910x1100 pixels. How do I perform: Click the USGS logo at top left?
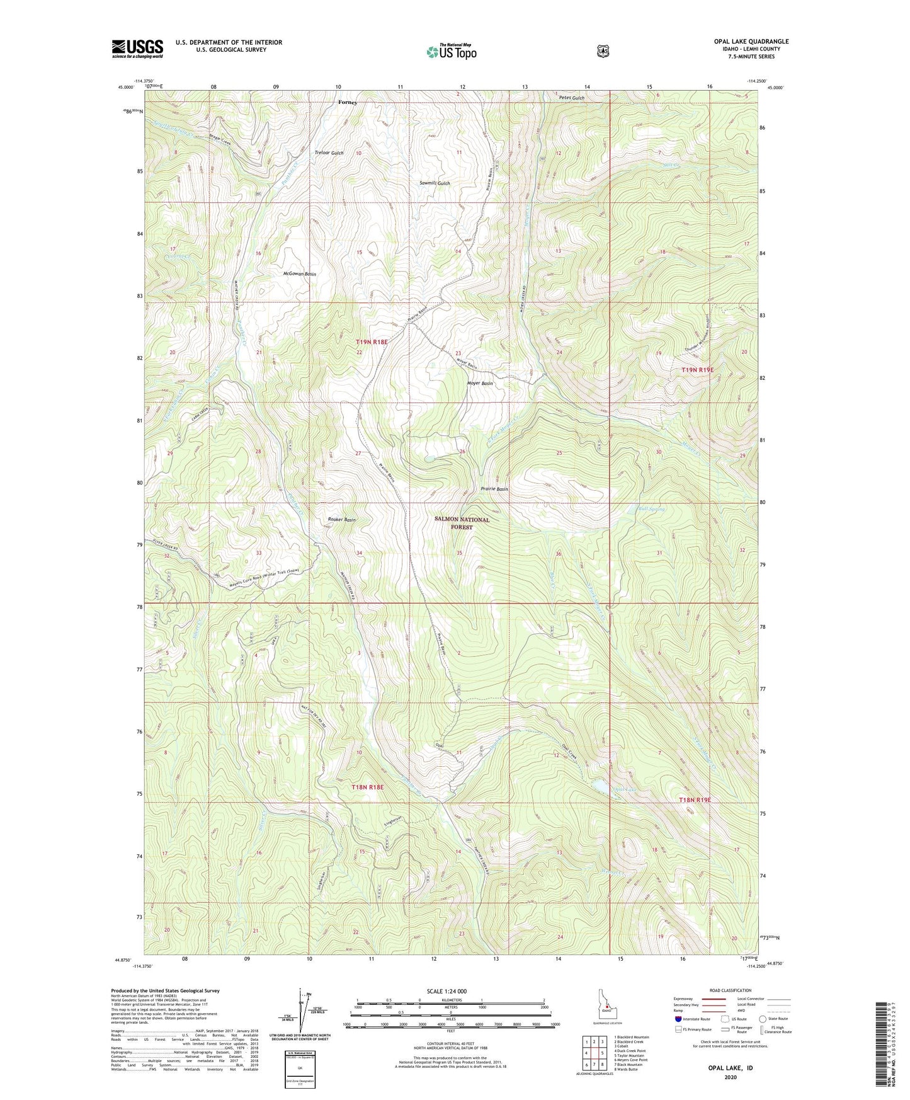[137, 49]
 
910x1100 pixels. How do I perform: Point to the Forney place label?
[347, 102]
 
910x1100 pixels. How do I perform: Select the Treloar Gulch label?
[329, 153]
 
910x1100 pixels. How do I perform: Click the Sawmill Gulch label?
[435, 183]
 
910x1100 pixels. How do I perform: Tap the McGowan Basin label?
[300, 274]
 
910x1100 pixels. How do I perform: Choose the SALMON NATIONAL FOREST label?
[462, 524]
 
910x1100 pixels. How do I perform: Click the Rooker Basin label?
[342, 520]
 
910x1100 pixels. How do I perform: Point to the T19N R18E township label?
[372, 341]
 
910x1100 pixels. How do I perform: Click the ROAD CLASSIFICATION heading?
[730, 990]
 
